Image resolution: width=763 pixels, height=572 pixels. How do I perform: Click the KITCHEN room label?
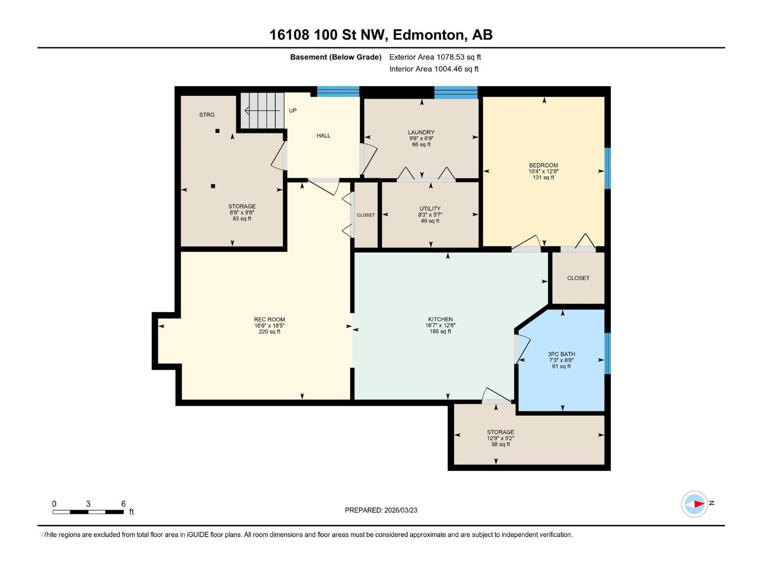(440, 319)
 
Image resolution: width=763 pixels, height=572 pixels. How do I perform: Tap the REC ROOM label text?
(269, 320)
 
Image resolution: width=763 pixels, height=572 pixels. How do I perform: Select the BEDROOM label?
(543, 165)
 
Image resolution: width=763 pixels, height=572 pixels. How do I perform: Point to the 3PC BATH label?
(561, 354)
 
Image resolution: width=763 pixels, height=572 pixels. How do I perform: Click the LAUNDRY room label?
(421, 133)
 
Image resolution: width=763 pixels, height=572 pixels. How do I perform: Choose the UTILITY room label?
(430, 209)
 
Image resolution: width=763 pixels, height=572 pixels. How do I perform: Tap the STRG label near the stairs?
(207, 115)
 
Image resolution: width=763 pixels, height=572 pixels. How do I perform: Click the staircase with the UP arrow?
(262, 111)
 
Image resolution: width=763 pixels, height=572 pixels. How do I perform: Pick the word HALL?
(323, 136)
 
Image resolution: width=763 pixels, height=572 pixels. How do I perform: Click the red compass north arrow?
(698, 504)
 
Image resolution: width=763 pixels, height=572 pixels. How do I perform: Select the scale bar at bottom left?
(88, 512)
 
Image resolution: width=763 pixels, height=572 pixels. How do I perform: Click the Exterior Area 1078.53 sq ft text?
(435, 57)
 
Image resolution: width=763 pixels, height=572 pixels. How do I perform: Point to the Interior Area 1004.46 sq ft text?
(433, 69)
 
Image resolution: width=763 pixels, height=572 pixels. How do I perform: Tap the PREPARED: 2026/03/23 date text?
(381, 510)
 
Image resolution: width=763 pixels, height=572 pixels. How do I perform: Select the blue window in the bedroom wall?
(608, 168)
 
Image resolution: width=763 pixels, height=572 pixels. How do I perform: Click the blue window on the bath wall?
(608, 353)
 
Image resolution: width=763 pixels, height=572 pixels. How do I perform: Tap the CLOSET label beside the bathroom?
(578, 278)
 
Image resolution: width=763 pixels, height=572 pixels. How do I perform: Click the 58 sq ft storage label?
(500, 444)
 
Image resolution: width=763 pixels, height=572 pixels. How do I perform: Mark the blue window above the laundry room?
(455, 92)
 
